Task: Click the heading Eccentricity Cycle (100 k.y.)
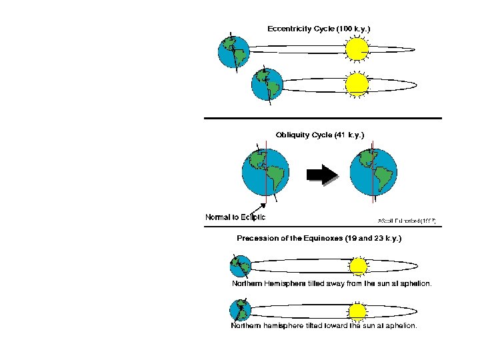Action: coord(319,29)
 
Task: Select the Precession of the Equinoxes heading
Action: coord(319,237)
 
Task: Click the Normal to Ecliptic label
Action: coord(235,217)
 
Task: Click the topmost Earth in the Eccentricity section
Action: coord(234,51)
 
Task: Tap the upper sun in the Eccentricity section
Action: coord(357,48)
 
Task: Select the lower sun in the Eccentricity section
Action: coord(357,84)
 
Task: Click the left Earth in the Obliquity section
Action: coord(265,173)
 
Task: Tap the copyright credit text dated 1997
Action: coord(407,220)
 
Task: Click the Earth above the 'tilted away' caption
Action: coord(240,267)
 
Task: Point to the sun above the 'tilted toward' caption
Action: coord(358,310)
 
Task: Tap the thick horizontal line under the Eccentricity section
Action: coord(323,119)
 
